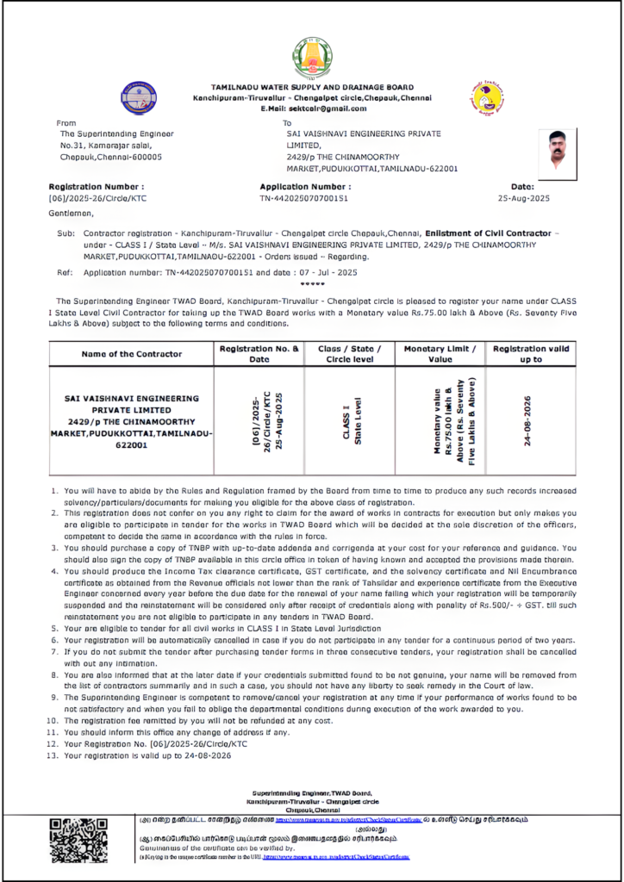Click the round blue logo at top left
[x=139, y=97]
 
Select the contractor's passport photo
[x=557, y=150]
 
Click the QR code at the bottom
[x=78, y=840]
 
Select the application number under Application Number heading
[x=303, y=198]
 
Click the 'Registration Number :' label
[x=97, y=186]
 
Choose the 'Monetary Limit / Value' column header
[x=440, y=354]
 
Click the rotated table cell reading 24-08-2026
[x=527, y=420]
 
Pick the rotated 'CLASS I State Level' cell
[x=352, y=420]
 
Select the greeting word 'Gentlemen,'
[x=72, y=213]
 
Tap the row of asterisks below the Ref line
[x=311, y=283]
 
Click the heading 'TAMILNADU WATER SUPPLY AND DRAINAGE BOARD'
[x=312, y=88]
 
